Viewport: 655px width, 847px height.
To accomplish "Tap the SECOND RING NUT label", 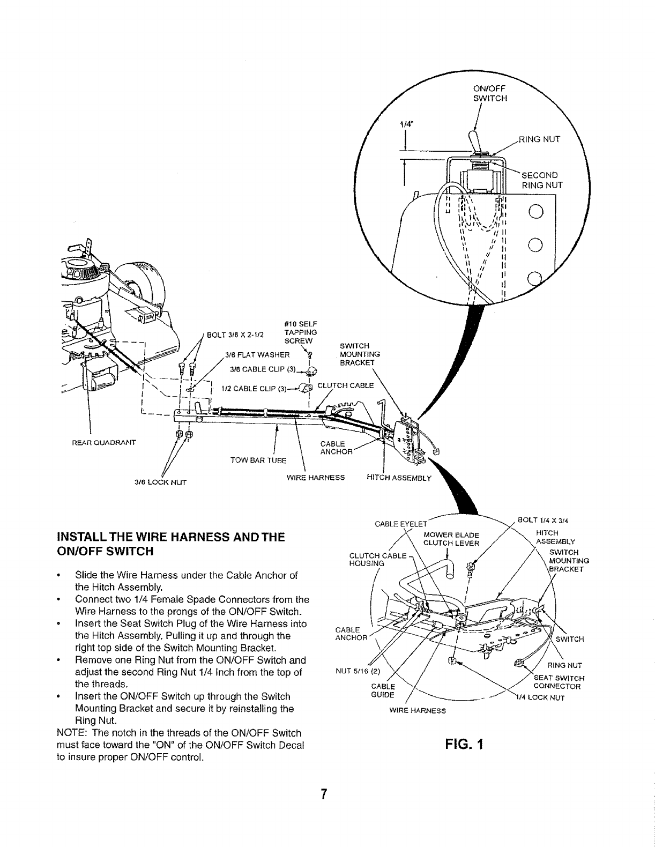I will [540, 181].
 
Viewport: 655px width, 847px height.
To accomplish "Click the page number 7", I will [324, 794].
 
